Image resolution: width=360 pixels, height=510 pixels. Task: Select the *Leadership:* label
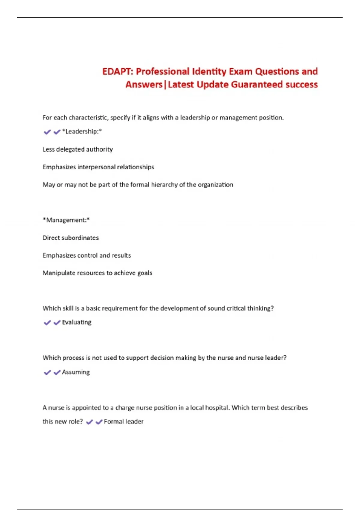point(82,131)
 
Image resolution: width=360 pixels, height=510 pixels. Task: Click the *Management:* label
point(66,220)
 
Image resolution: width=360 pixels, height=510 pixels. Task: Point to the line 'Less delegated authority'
point(78,149)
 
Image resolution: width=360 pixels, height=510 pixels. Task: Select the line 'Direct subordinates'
point(70,238)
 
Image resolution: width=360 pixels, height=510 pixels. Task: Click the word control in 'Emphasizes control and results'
point(87,255)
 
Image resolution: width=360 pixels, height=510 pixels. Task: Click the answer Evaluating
point(76,322)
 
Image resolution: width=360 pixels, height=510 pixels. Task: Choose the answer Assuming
point(76,372)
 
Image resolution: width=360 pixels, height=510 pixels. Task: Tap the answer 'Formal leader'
point(124,421)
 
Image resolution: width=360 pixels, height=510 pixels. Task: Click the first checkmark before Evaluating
point(47,323)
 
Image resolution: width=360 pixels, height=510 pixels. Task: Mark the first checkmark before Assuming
point(47,373)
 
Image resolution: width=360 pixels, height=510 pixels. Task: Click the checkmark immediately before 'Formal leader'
point(99,422)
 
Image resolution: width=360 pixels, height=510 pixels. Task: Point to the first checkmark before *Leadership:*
point(47,132)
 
